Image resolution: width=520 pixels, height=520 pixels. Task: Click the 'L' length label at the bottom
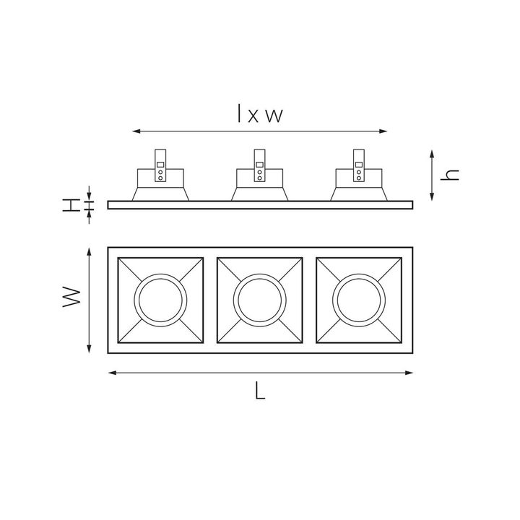point(260,392)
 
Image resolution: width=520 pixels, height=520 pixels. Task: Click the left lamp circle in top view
point(160,300)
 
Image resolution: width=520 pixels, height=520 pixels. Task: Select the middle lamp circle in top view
point(260,300)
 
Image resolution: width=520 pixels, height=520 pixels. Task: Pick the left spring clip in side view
point(160,165)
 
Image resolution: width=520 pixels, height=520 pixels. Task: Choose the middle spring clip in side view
point(259,165)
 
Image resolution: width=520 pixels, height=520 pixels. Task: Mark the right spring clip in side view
point(359,165)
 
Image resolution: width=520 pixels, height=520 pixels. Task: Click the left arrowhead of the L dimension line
point(110,373)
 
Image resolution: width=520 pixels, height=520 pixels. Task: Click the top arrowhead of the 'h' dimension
point(432,153)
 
